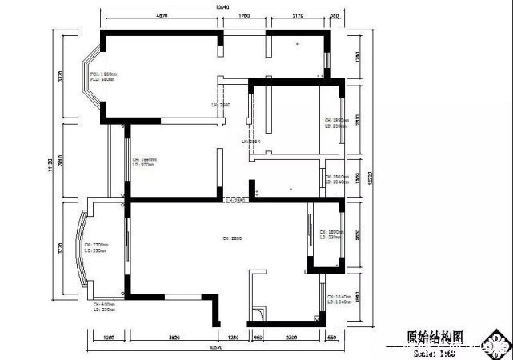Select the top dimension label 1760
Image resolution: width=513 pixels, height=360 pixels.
[x=245, y=15]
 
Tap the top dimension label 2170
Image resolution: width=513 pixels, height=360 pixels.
[x=297, y=15]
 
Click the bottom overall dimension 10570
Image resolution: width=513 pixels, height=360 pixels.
[x=215, y=349]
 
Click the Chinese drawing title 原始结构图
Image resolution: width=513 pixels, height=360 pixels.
[x=435, y=338]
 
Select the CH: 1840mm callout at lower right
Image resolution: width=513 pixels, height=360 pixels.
[x=340, y=300]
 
